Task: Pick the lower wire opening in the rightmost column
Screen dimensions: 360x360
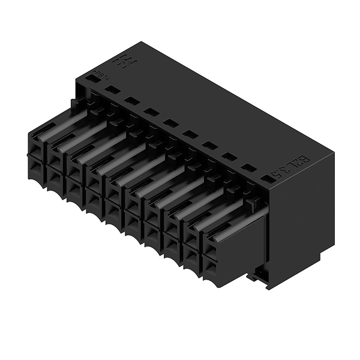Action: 211,265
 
